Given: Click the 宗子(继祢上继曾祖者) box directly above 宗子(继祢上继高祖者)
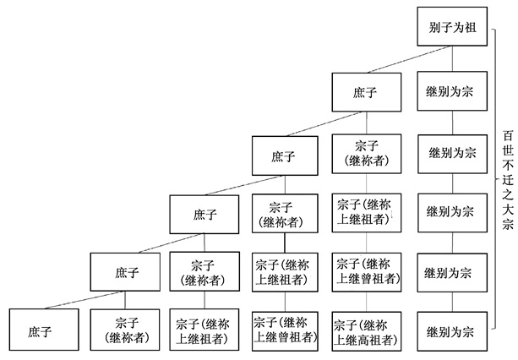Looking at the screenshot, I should [364, 272].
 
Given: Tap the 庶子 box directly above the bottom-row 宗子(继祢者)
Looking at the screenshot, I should [127, 272].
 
